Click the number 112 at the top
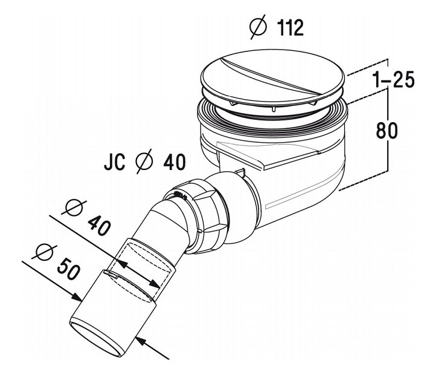(x=290, y=28)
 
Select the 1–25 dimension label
(x=394, y=80)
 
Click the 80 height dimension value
(x=387, y=131)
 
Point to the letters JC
(x=115, y=162)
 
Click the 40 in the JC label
(x=175, y=162)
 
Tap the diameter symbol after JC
(x=144, y=162)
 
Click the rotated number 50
(x=69, y=269)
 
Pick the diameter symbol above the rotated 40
(x=74, y=208)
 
